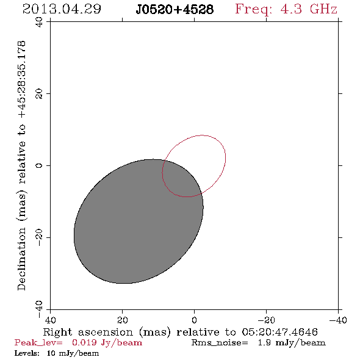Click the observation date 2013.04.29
click(62, 9)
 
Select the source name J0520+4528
click(175, 9)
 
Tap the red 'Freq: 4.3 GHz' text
click(286, 9)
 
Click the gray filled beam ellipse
click(139, 221)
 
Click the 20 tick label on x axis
click(123, 320)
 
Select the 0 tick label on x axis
click(194, 320)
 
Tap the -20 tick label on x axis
click(266, 320)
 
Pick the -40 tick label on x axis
click(338, 320)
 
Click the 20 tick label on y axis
click(39, 94)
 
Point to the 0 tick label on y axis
click(39, 165)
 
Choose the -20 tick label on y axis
click(39, 237)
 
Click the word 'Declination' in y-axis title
click(21, 259)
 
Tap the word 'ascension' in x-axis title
click(106, 332)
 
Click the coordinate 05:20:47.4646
click(279, 332)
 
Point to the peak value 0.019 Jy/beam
click(107, 342)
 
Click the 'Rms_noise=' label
click(220, 342)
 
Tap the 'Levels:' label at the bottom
click(27, 353)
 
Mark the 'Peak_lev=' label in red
click(38, 342)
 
